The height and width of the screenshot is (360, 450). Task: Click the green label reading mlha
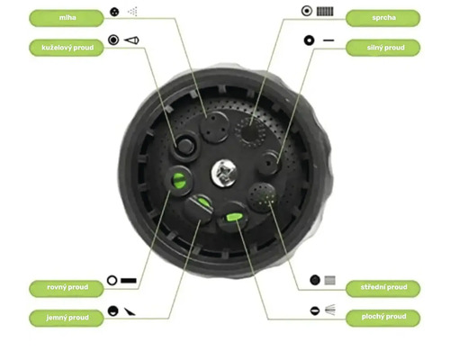(67, 18)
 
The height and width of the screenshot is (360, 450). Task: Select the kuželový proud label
(67, 48)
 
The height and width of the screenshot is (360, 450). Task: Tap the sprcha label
(383, 18)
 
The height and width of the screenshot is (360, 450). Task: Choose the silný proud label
(383, 48)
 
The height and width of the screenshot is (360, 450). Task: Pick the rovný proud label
(67, 287)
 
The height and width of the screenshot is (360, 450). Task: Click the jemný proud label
(67, 318)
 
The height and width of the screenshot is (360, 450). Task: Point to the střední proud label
(383, 287)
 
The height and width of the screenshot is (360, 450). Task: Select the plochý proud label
(383, 318)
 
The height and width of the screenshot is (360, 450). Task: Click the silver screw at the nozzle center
(224, 174)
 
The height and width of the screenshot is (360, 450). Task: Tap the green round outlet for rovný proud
(179, 180)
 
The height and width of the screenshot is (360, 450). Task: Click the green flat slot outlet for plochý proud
(234, 217)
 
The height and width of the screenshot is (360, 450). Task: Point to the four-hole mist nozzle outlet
(215, 128)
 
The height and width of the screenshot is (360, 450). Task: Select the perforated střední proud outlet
(262, 197)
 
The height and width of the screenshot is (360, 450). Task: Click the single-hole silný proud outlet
(268, 163)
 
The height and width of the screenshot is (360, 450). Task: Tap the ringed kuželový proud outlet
(184, 147)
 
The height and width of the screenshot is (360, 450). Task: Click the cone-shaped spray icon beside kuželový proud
(131, 40)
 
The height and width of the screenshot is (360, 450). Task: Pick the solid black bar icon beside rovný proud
(129, 281)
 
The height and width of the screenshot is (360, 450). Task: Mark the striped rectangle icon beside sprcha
(325, 12)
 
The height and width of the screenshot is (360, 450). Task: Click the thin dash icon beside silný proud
(328, 40)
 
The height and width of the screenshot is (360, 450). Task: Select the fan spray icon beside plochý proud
(330, 310)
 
